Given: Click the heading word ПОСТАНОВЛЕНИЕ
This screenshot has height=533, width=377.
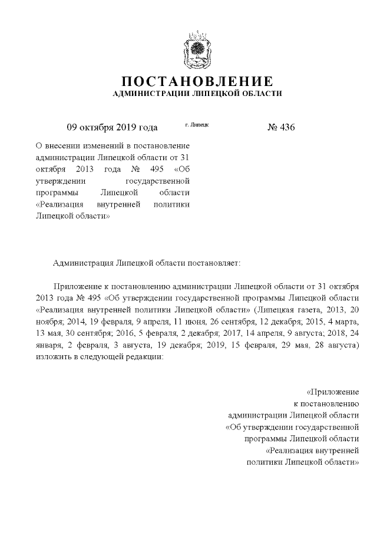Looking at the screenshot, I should click(x=197, y=81).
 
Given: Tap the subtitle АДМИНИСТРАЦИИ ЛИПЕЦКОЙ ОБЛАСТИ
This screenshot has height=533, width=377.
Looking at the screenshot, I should click(x=197, y=94).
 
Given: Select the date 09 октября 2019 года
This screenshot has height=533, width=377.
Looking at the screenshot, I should click(x=112, y=127).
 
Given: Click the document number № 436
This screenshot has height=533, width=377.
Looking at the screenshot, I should click(x=281, y=127).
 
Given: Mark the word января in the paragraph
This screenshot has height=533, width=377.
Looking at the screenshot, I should click(x=50, y=346).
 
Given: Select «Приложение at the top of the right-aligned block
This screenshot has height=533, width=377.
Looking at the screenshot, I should click(x=333, y=392).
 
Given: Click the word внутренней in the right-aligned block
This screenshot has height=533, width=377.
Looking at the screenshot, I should click(x=333, y=451).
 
